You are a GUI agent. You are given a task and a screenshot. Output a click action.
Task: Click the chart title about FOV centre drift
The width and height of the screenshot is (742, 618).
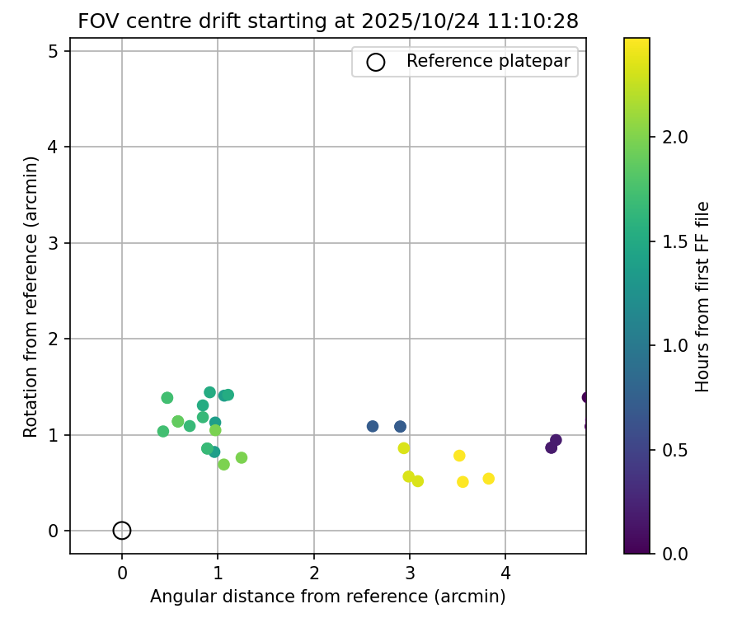pos(328,21)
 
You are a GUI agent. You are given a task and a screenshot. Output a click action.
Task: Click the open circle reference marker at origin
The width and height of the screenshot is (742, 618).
pos(122,531)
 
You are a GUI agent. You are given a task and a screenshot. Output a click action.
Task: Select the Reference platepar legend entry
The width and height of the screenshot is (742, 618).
pos(488,62)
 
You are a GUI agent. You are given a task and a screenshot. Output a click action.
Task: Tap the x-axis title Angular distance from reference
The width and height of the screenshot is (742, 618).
pos(327,595)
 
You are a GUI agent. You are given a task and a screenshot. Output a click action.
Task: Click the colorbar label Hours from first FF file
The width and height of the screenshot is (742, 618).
pos(702,297)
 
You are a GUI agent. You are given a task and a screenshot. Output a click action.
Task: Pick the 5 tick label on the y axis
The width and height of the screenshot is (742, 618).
pos(53,51)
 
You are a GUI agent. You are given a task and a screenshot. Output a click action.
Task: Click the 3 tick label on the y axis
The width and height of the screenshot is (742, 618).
pos(53,243)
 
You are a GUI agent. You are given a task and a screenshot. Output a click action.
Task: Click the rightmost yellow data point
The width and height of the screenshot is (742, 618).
pos(488,479)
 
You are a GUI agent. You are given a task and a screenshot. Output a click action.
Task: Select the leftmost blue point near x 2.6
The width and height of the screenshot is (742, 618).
pos(373,426)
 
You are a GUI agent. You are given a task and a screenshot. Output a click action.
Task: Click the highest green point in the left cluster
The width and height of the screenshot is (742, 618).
pos(209,392)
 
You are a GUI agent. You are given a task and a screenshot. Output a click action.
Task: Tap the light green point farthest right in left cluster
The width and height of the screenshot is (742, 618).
pos(242,457)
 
